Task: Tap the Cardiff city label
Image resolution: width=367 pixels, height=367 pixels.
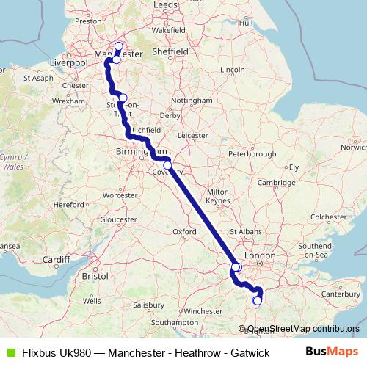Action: pyautogui.click(x=55, y=258)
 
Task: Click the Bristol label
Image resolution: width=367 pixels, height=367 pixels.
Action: pyautogui.click(x=96, y=277)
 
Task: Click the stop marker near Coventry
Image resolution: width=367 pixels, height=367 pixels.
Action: pyautogui.click(x=167, y=165)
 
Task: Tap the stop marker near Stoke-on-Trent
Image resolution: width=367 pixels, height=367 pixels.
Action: pyautogui.click(x=123, y=98)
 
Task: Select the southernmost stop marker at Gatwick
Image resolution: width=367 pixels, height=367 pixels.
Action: pyautogui.click(x=257, y=300)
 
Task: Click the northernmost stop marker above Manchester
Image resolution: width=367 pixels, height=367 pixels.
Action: pyautogui.click(x=118, y=47)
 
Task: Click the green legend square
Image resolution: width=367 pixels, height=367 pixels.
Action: pyautogui.click(x=9, y=352)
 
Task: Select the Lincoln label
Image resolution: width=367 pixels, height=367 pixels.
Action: pyautogui.click(x=232, y=70)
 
